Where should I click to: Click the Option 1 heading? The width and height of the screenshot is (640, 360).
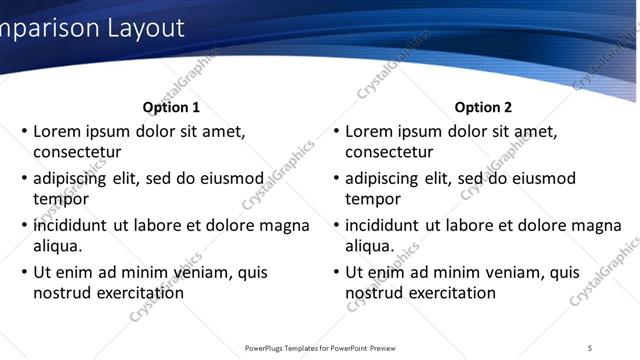[x=171, y=107]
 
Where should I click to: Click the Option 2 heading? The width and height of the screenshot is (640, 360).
[x=483, y=107]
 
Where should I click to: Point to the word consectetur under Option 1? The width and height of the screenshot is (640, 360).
[x=77, y=152]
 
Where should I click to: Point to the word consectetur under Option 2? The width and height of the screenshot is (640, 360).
[x=389, y=152]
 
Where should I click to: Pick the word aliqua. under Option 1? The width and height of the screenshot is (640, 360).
[x=58, y=246]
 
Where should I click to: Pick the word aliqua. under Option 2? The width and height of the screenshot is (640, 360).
[x=370, y=246]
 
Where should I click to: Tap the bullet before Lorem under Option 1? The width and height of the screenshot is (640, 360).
[x=24, y=132]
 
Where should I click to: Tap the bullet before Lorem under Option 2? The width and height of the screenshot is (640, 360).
[x=336, y=132]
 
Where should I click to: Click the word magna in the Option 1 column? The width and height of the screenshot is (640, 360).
[x=285, y=226]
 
